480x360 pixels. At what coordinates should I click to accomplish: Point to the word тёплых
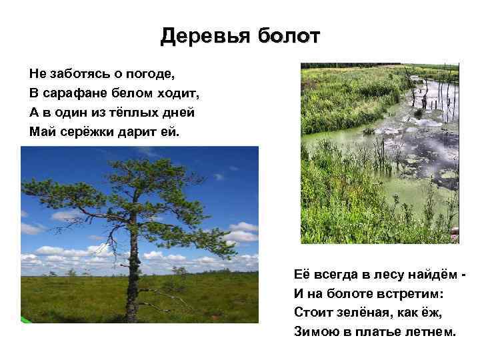click(132, 111)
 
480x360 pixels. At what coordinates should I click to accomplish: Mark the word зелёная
click(361, 313)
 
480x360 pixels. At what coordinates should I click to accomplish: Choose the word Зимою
click(315, 332)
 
